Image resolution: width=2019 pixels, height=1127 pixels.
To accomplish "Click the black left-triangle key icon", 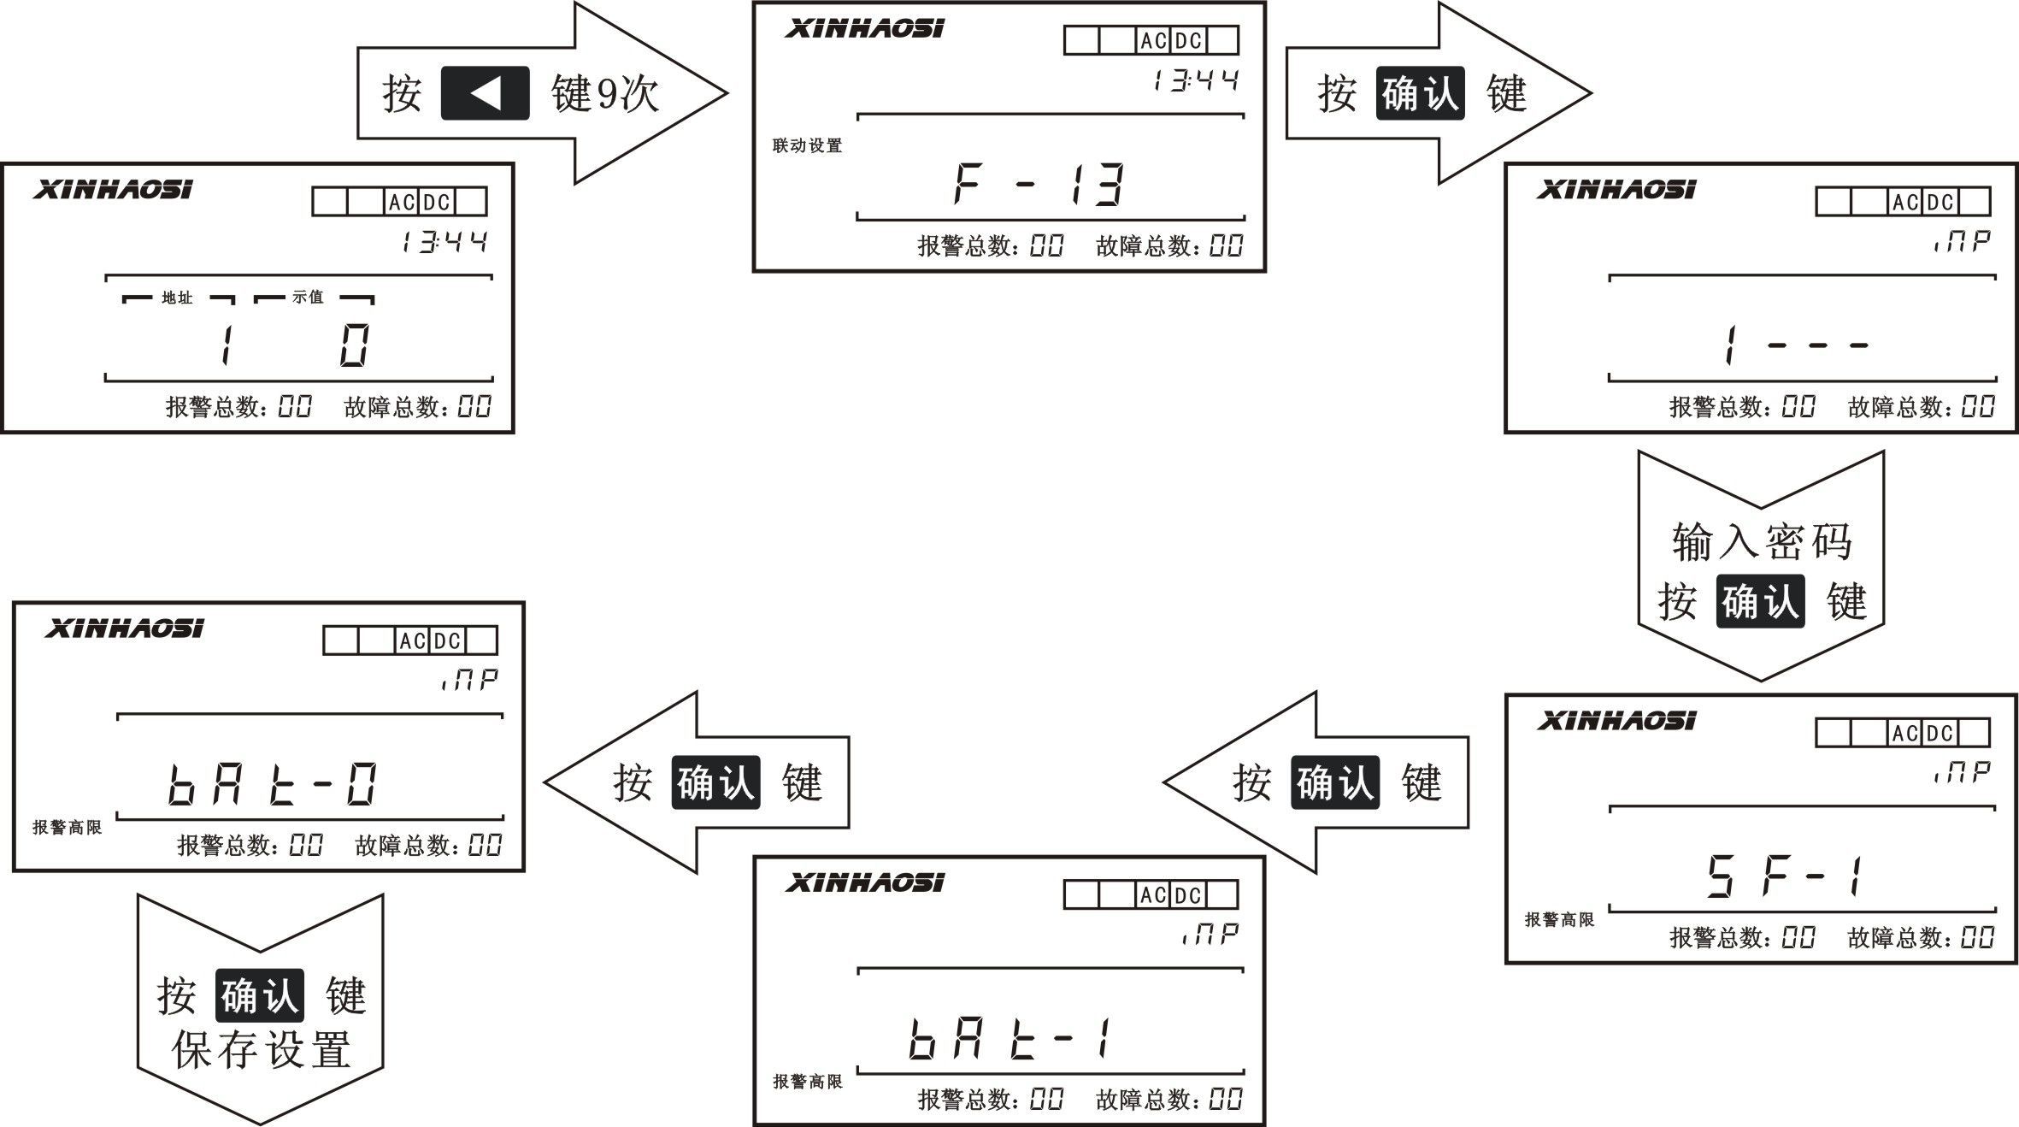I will coord(485,92).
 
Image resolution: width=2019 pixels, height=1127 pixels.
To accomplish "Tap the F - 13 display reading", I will coord(1038,184).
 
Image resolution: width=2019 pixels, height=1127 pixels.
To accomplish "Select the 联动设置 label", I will coord(807,145).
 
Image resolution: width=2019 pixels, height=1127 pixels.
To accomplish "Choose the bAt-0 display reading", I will coord(273,785).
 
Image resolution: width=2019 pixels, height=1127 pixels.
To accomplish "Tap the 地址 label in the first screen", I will coord(177,298).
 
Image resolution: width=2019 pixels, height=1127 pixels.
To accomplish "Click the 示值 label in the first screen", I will coord(308,298).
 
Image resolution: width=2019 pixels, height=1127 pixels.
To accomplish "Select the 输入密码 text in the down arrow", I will coord(1761,542).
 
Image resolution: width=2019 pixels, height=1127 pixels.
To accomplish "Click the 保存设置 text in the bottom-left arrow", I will coord(261,1050).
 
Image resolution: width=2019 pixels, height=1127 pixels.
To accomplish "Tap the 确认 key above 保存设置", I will coord(260,995).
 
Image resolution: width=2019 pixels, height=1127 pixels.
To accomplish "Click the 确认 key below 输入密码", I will coord(1760,601).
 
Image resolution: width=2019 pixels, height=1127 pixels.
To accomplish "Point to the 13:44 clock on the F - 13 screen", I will coord(1195,82).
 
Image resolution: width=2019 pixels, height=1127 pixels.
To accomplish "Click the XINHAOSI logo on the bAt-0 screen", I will coord(124,629).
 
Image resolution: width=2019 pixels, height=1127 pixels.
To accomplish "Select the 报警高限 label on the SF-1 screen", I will coord(1559,920).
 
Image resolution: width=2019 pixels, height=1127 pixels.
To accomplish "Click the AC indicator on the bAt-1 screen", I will coord(1152,895).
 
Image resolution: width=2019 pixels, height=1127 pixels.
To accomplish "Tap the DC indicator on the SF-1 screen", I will coord(1940,733).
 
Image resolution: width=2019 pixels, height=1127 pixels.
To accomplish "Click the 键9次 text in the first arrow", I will coord(605,93).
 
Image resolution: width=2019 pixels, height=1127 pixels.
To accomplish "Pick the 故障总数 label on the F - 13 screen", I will coord(1144,247).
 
